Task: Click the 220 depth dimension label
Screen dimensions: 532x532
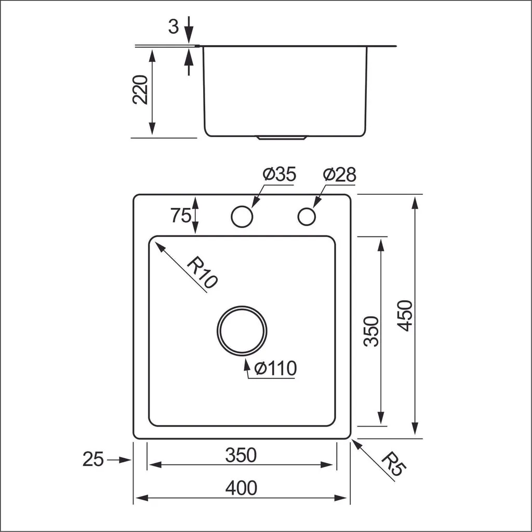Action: coord(141,89)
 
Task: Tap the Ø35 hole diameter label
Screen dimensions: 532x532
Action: coord(279,175)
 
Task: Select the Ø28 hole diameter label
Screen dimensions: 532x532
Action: coord(339,175)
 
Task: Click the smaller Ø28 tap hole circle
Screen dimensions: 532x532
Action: coord(307,216)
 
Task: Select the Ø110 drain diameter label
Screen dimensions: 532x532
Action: coord(276,368)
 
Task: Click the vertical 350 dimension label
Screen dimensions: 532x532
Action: coord(370,330)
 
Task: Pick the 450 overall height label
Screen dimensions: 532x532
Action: coord(404,315)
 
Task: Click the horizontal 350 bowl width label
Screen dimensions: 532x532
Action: coord(241,455)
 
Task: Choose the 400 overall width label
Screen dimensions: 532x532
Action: coord(241,488)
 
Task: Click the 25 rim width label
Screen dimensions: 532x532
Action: coord(94,460)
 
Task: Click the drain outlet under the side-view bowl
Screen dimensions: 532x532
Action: coord(282,139)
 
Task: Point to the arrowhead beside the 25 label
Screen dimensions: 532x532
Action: coord(125,460)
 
